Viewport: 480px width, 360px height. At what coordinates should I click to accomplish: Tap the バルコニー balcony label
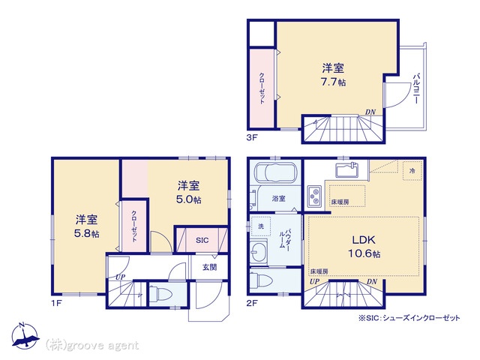click(x=416, y=88)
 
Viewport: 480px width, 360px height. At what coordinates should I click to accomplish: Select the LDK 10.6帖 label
click(x=364, y=247)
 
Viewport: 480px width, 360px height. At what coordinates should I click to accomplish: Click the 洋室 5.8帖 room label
click(x=87, y=226)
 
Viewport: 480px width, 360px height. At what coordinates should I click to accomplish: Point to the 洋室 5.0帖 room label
click(x=188, y=192)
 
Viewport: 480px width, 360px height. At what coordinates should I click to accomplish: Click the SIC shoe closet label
click(x=202, y=240)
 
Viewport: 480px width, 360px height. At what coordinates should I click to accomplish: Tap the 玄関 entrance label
click(x=210, y=267)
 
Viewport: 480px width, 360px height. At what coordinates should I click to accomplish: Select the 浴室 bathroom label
click(x=278, y=198)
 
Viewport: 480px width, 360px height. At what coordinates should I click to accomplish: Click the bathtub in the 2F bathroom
click(x=275, y=173)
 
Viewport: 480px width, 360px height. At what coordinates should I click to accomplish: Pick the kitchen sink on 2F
click(x=347, y=170)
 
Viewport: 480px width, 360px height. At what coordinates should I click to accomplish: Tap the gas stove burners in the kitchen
click(x=314, y=196)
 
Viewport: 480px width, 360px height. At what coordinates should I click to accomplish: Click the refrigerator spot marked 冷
click(x=412, y=171)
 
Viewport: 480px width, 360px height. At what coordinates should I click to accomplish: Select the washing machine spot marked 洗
click(x=260, y=226)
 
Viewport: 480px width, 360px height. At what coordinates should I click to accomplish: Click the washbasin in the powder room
click(x=258, y=252)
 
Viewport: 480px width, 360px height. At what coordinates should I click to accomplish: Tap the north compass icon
click(x=25, y=336)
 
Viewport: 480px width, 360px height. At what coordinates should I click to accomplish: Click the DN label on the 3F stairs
click(x=370, y=112)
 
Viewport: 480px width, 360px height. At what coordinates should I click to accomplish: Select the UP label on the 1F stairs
click(x=121, y=277)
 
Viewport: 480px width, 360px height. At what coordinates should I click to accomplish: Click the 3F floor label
click(x=252, y=137)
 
